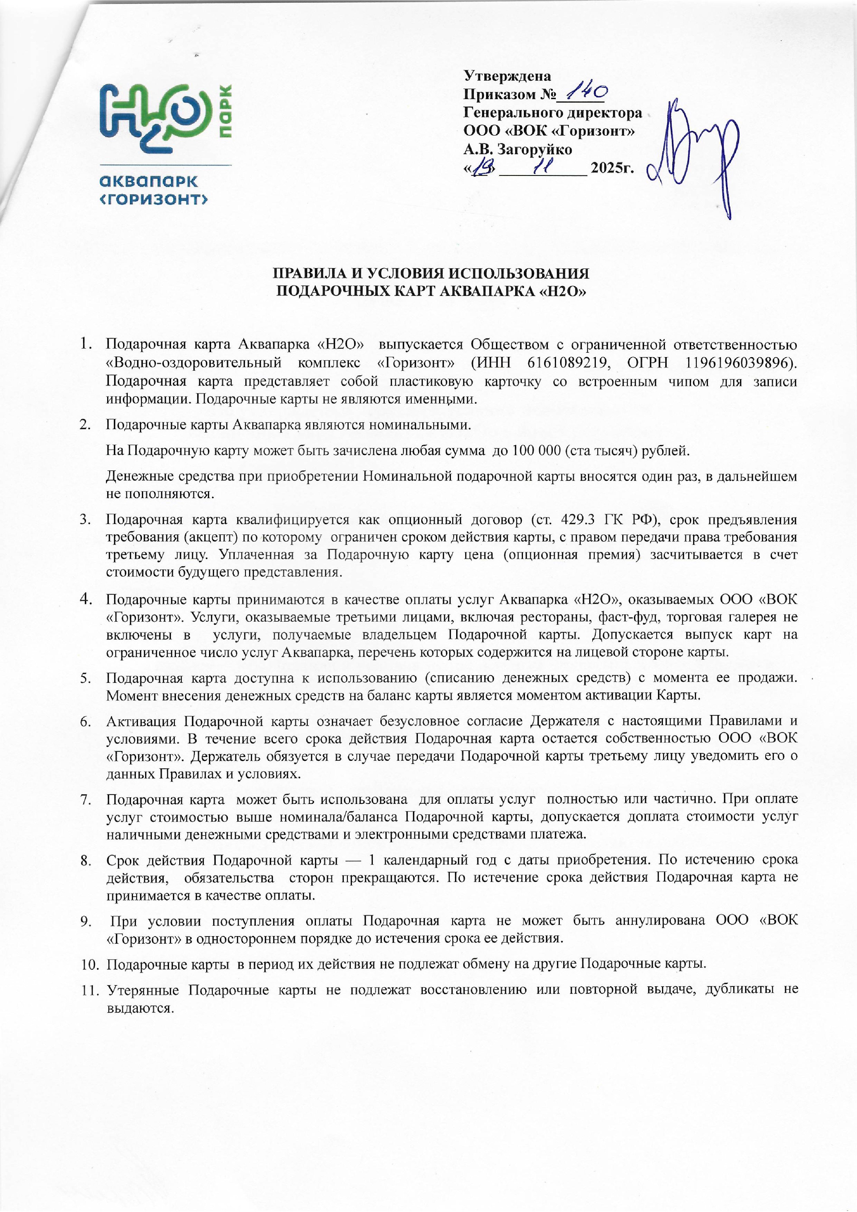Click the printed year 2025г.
612,168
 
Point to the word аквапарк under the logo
149,181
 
